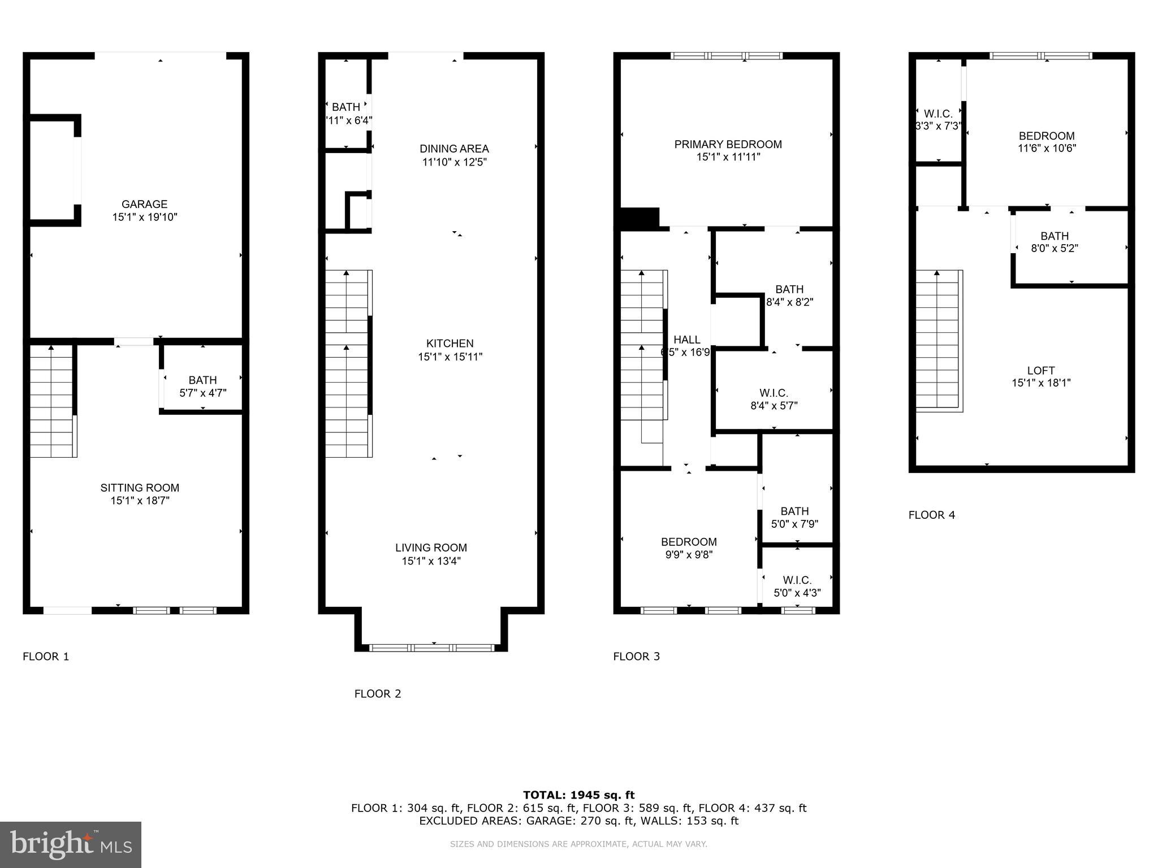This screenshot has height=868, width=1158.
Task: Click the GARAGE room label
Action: (x=144, y=204)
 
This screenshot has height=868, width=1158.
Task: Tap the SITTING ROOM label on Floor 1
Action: (x=140, y=488)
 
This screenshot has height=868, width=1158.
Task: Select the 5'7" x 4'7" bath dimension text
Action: (x=203, y=393)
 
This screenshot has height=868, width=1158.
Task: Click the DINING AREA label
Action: (x=454, y=149)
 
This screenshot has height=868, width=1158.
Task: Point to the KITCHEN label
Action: (x=450, y=343)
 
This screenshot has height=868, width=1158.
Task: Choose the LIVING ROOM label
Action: (x=431, y=548)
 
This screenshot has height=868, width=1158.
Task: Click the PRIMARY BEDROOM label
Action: (x=728, y=144)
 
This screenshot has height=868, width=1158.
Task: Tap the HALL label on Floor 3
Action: (x=687, y=340)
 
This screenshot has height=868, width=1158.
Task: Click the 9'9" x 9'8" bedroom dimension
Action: (x=689, y=555)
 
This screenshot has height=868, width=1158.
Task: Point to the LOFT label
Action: (x=1041, y=371)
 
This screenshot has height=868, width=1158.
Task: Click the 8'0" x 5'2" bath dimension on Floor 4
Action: (x=1055, y=249)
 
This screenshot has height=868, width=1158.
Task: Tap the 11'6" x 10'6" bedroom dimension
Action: (x=1047, y=149)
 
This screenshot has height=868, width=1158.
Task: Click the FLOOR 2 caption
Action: (x=378, y=694)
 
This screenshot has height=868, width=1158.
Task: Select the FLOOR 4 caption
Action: (x=931, y=515)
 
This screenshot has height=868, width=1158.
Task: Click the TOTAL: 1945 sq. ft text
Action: (x=578, y=795)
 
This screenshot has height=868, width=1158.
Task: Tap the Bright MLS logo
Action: (x=71, y=845)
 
